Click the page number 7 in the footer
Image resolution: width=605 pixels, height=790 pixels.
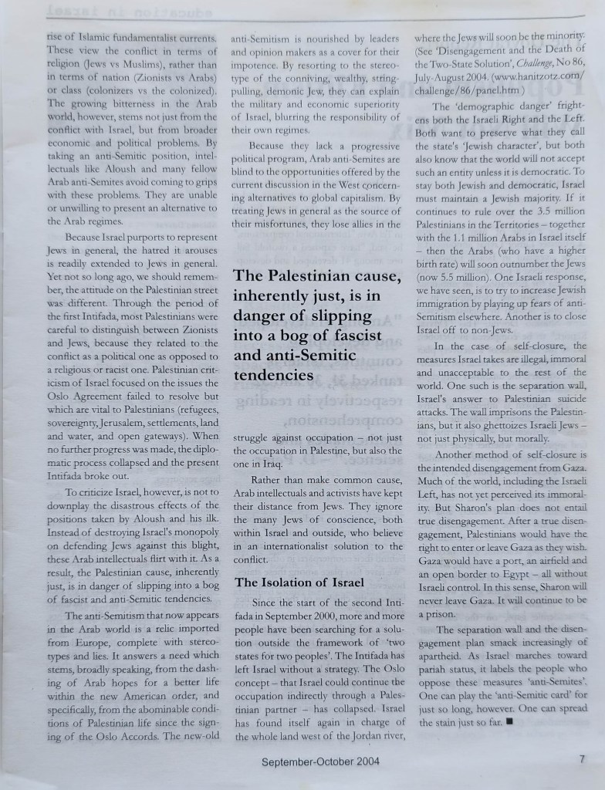click(582, 759)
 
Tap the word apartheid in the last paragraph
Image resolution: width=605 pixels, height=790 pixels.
click(441, 654)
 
